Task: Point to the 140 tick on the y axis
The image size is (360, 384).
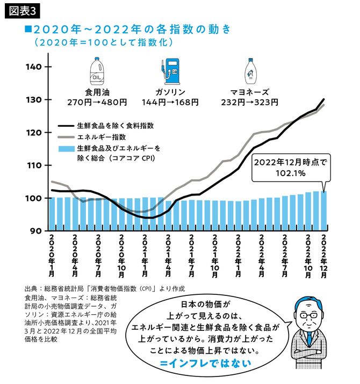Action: pos(33,67)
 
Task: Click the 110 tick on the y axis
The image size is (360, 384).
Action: pos(33,165)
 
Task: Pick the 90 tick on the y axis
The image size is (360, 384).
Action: pos(33,231)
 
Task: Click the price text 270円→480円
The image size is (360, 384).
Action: pos(97,102)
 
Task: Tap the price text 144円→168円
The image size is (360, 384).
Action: pos(170,102)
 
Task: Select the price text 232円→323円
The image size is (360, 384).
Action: pos(251,102)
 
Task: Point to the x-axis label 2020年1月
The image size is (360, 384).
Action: pos(52,255)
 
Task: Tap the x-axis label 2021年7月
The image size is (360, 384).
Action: pos(191,255)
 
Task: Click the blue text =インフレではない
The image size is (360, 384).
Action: pos(205,363)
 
